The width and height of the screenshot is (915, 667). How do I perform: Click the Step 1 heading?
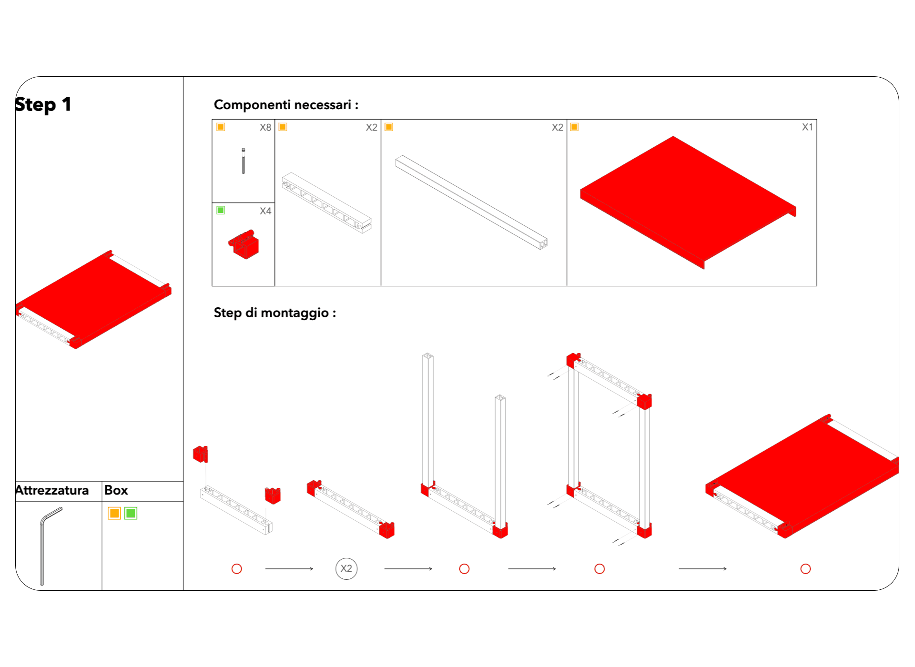[43, 105]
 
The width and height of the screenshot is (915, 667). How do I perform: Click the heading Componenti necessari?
[286, 105]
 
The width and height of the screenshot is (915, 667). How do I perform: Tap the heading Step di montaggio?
[275, 313]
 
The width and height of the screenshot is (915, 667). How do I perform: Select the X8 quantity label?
[265, 128]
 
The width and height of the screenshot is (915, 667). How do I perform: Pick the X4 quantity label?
[265, 211]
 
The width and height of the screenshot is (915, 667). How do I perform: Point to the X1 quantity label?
[807, 127]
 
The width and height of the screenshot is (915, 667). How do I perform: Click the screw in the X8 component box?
[244, 161]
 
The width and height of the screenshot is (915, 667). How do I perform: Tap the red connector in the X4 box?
[244, 245]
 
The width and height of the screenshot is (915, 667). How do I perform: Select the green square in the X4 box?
[221, 210]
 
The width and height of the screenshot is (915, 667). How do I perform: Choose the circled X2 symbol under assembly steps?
[346, 568]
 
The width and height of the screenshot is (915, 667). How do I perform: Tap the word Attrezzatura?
[52, 490]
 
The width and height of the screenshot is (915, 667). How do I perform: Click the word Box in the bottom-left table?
[116, 490]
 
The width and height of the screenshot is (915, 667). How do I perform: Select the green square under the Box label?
[131, 513]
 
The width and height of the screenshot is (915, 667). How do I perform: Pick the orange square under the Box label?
[114, 513]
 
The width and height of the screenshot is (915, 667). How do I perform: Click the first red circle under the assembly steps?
[237, 569]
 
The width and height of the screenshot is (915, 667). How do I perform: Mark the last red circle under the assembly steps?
[806, 569]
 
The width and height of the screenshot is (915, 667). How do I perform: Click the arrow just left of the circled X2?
[289, 569]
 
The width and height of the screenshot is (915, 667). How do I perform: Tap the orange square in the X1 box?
[575, 127]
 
